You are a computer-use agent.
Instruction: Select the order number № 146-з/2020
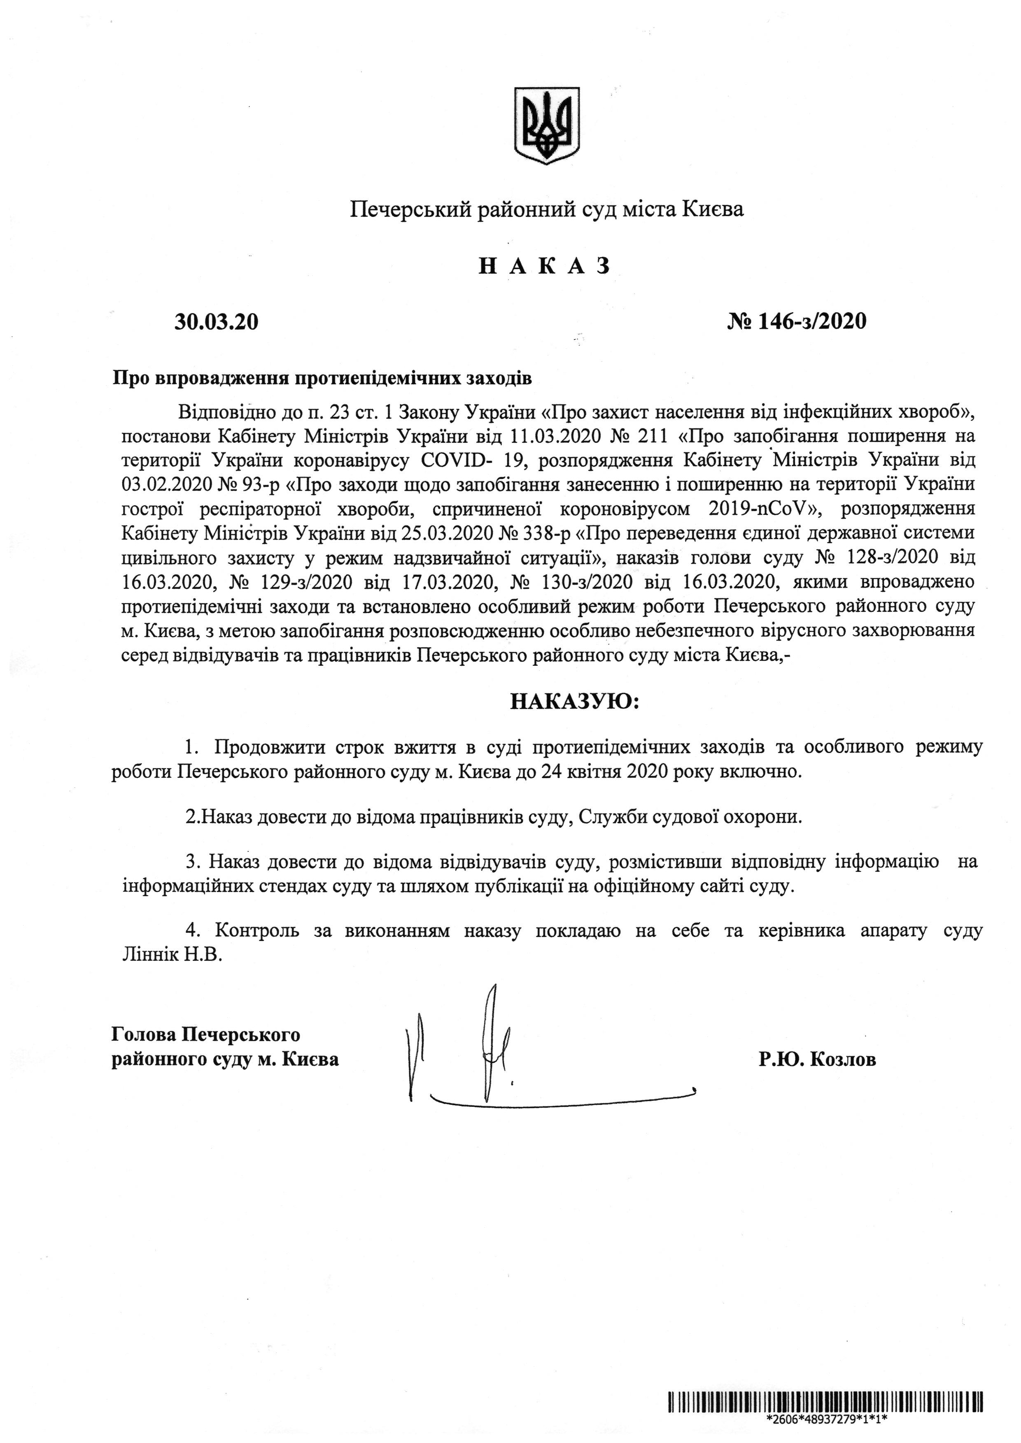click(797, 322)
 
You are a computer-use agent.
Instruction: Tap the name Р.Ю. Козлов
click(817, 1059)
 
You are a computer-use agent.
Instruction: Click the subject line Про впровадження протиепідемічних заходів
click(322, 380)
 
